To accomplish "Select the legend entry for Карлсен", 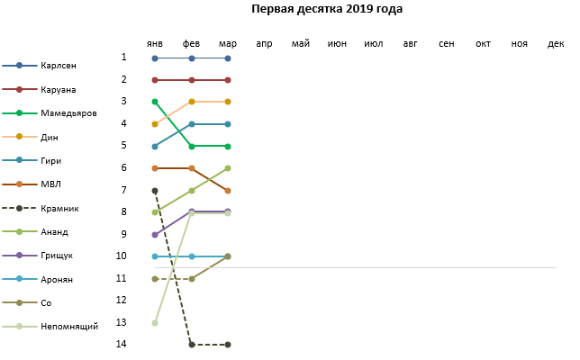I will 59,66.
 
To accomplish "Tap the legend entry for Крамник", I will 60,209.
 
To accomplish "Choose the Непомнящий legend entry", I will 69,327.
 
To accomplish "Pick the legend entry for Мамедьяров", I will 69,113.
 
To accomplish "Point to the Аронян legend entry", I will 58,280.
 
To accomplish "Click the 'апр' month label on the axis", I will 264,43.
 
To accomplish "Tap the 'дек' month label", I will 556,43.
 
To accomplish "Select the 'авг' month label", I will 410,43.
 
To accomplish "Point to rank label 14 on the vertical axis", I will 122,344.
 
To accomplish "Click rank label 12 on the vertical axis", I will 122,300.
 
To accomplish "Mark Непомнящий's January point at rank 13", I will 155,322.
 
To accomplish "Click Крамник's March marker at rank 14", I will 228,345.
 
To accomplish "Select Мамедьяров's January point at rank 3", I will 155,102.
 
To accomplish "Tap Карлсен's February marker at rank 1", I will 192,58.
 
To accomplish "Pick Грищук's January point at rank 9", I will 155,234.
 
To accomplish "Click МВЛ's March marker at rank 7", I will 228,191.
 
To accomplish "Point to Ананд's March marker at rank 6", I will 228,168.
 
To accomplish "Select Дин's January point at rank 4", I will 155,124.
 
